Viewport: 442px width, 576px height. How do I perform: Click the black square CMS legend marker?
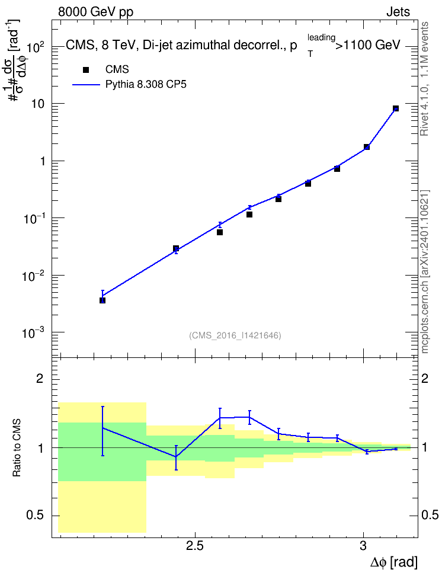coord(85,70)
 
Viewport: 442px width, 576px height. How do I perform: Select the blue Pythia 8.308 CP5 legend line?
coord(86,85)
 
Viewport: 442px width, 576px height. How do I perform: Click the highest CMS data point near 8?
coord(396,108)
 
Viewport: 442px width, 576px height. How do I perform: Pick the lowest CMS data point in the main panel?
coord(103,300)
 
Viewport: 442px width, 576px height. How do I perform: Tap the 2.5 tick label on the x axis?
coord(195,546)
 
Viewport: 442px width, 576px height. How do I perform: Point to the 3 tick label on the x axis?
coord(363,546)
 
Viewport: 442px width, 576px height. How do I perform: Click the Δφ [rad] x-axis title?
coord(393,562)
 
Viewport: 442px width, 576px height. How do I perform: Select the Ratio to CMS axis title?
coord(17,448)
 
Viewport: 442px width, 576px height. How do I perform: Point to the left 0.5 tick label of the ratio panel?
coord(35,516)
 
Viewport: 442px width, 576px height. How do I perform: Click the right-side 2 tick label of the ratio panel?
coord(425,378)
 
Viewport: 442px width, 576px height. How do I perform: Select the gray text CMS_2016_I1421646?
coord(235,335)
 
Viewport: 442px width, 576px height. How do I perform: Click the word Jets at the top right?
coord(398,12)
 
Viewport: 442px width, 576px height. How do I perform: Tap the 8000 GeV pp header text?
coord(95,12)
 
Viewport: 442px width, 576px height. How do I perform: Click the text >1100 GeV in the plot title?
coord(368,45)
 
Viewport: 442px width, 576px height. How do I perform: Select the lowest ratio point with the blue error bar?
coord(176,457)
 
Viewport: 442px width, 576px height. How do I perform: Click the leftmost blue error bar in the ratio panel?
coord(103,431)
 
